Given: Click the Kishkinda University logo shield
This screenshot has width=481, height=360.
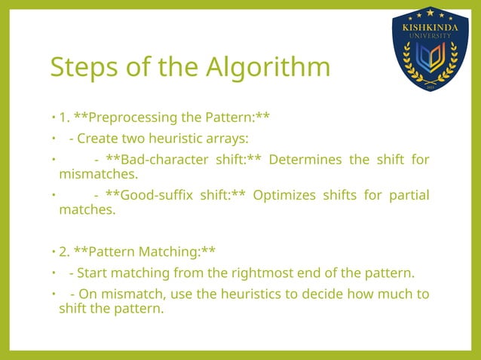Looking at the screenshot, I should click(430, 49).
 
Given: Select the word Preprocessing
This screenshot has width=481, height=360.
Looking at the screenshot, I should click(132, 117).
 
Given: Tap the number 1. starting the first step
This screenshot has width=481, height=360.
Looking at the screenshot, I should click(65, 117).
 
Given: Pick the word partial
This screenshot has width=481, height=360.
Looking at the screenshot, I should click(409, 196).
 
